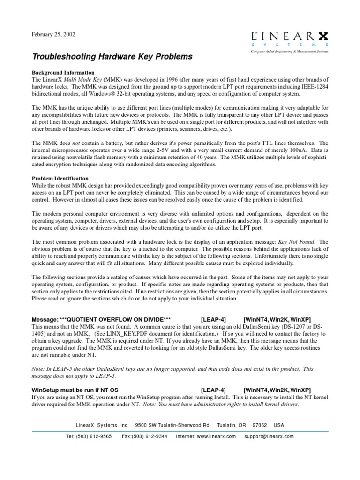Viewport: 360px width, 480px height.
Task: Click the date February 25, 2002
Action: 53,34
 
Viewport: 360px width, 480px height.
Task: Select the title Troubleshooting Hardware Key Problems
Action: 112,57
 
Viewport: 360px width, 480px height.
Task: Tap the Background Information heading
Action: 63,73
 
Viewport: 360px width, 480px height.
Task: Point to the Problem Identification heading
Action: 60,179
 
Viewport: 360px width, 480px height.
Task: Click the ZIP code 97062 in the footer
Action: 260,425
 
